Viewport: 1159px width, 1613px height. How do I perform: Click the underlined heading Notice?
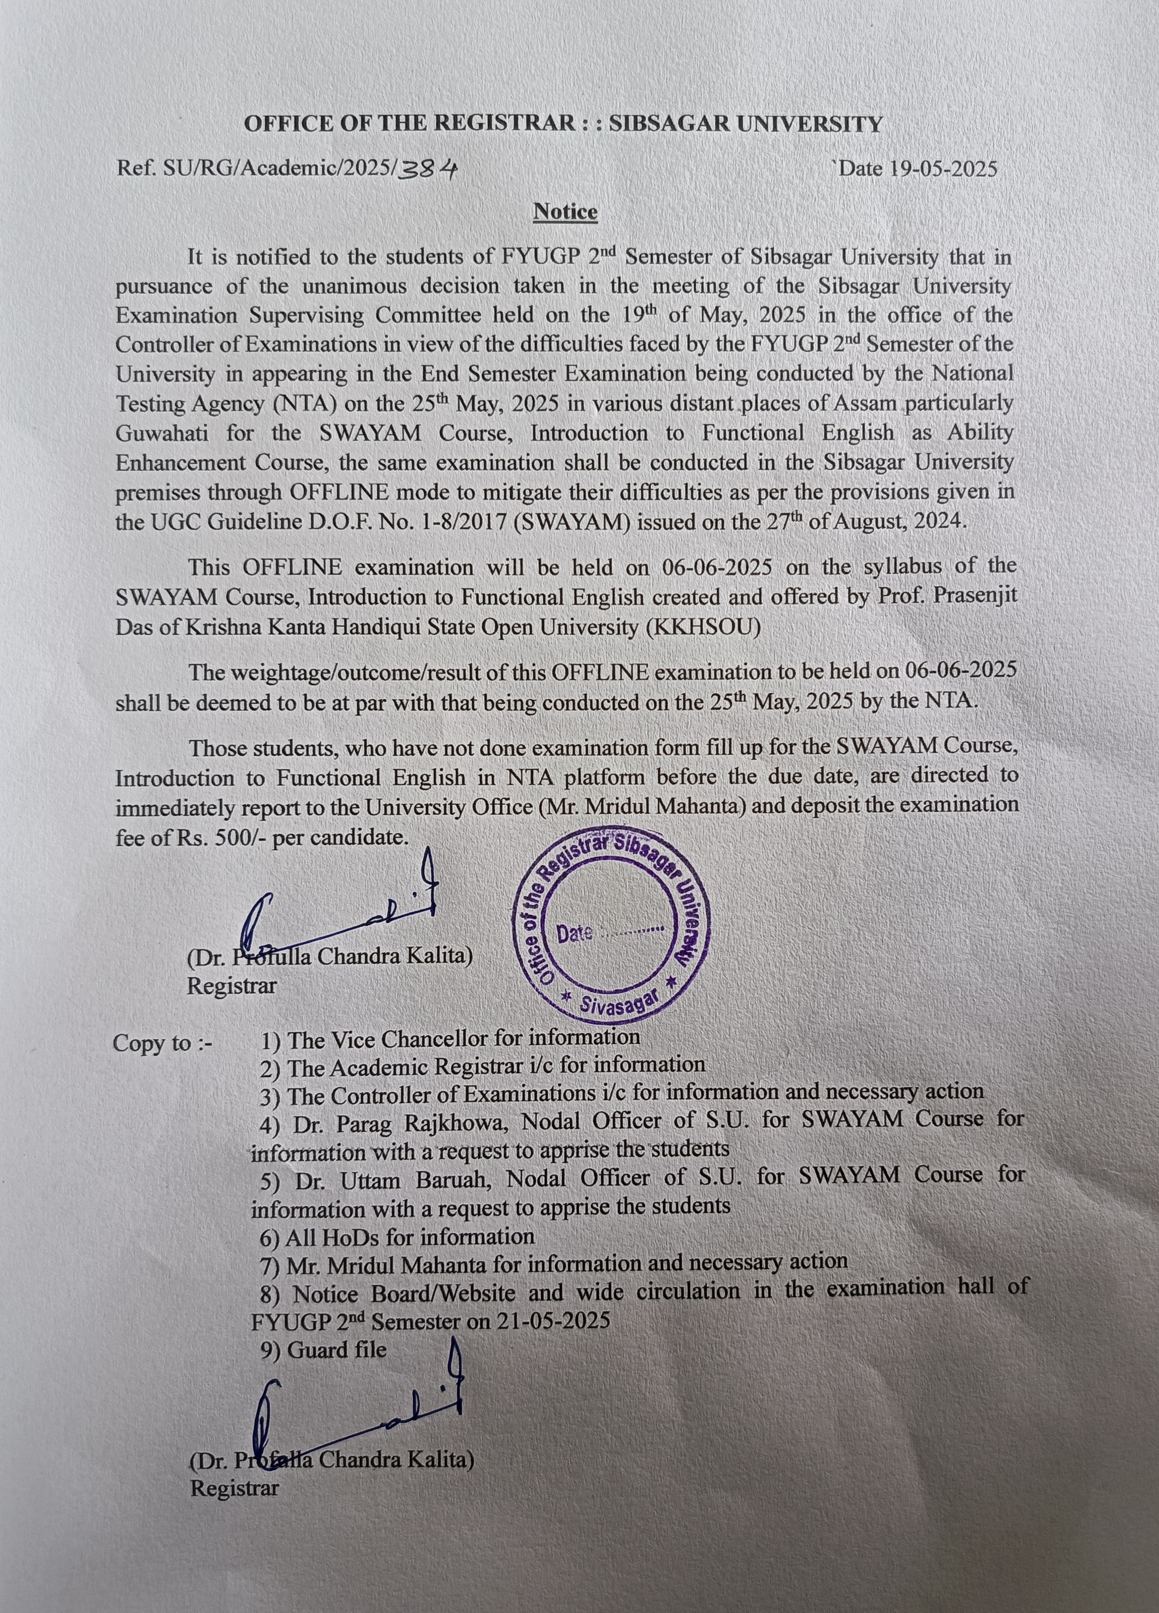point(565,212)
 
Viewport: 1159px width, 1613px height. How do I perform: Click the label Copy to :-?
point(162,1044)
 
